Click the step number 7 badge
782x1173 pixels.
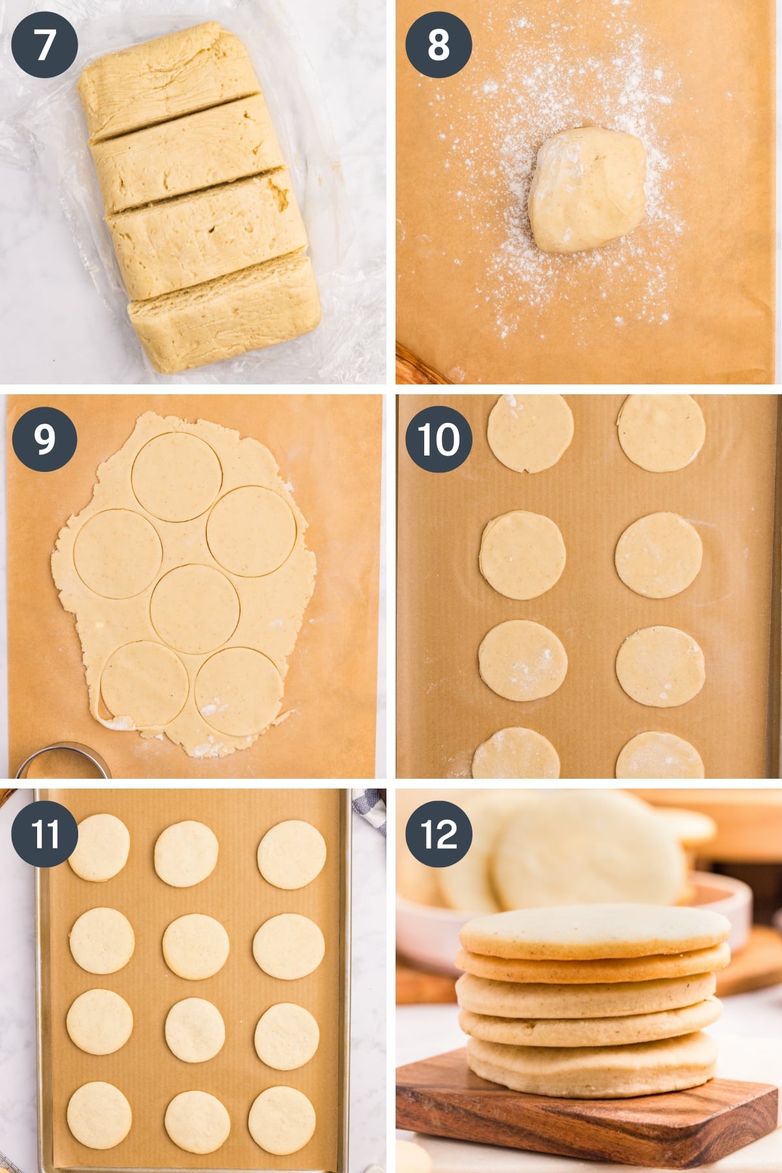click(x=44, y=45)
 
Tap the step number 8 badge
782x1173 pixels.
click(x=438, y=45)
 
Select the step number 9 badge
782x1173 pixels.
click(x=44, y=439)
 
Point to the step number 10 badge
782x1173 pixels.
click(x=438, y=439)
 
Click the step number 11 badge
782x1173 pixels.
click(x=44, y=833)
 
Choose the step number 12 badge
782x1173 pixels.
click(x=438, y=833)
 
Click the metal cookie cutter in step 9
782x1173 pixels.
click(x=62, y=762)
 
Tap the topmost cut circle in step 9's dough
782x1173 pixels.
click(x=176, y=476)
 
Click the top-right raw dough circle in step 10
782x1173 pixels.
click(x=661, y=432)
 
